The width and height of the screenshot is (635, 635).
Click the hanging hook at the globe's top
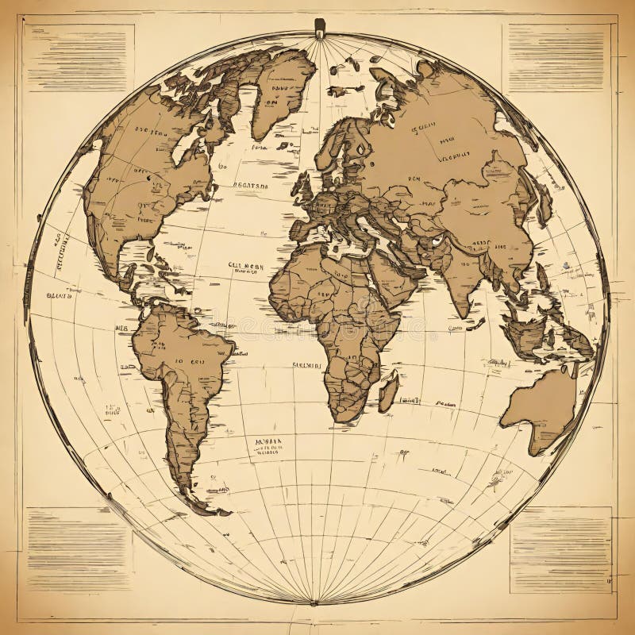click(319, 29)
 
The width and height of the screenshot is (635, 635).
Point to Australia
click(540, 405)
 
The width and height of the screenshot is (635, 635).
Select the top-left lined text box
click(78, 56)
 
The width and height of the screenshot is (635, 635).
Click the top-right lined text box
click(556, 56)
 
